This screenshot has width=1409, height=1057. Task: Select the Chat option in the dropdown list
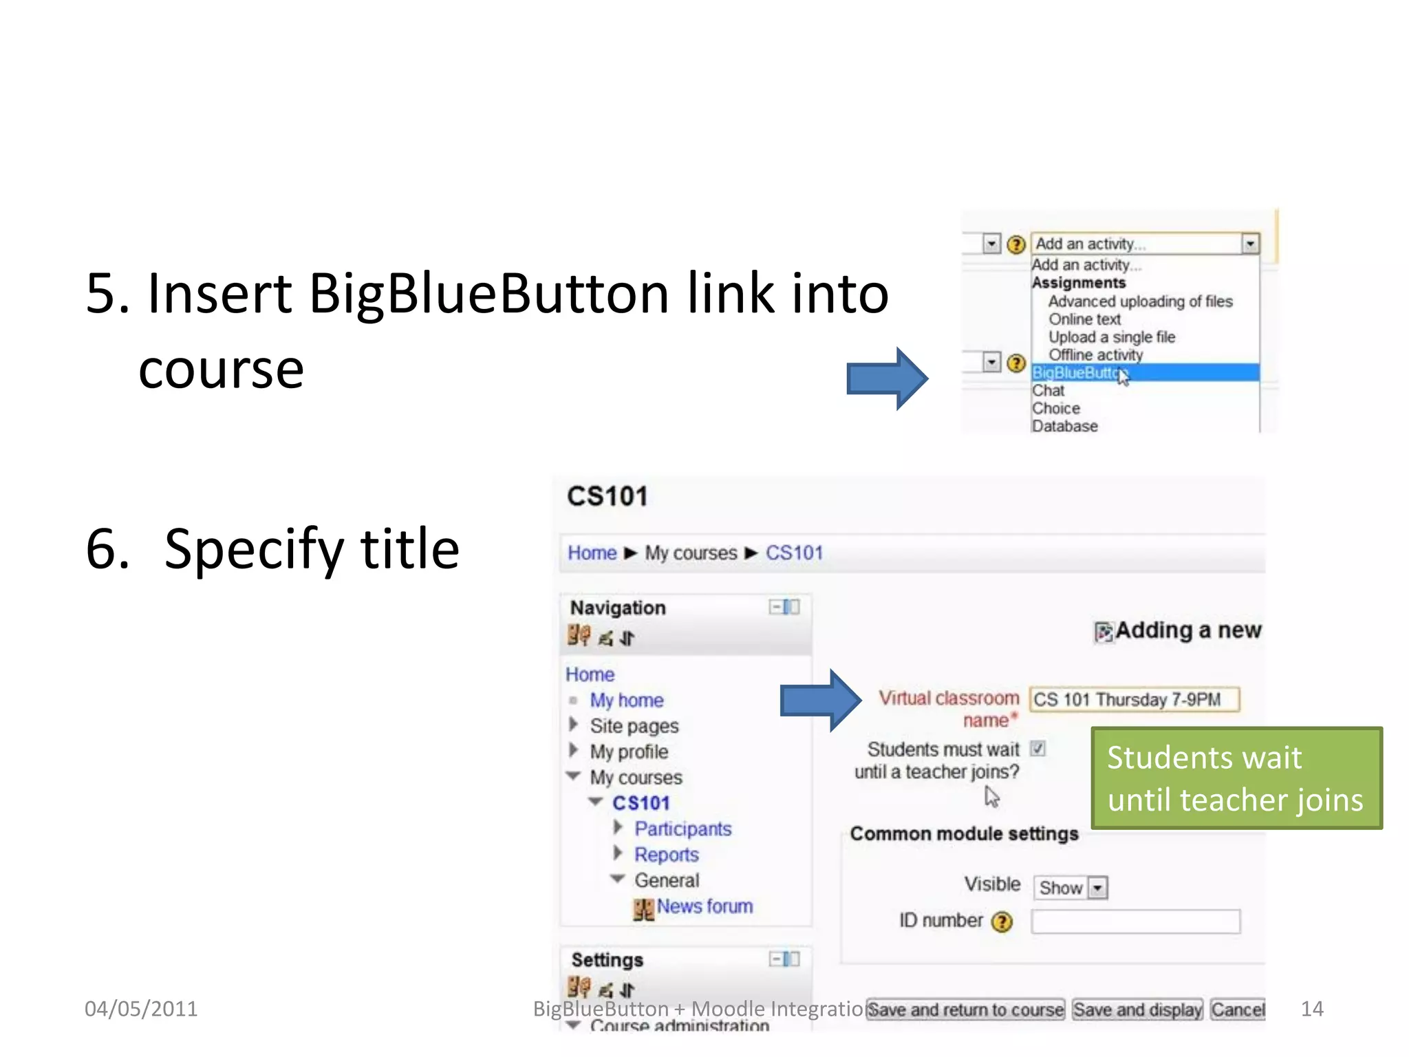tap(1048, 391)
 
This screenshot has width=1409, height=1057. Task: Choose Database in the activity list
tap(1064, 427)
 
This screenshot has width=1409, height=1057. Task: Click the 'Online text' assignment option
tap(1084, 319)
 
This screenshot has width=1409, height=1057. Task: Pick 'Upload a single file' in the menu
tap(1111, 337)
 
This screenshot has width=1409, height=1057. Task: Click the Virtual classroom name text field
tap(1134, 700)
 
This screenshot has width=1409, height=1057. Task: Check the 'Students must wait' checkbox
tap(1038, 749)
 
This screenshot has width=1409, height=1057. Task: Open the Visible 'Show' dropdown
tap(1071, 888)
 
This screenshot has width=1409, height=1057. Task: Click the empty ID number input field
tap(1135, 921)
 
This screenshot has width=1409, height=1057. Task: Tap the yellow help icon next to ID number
tap(1002, 922)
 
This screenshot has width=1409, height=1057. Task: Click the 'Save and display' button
tap(1137, 1010)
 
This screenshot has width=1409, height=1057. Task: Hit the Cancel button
tap(1238, 1010)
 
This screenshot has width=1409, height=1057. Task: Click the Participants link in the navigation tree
tap(682, 829)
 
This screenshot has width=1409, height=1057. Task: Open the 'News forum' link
tap(704, 907)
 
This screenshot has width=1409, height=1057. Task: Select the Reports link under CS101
tap(666, 855)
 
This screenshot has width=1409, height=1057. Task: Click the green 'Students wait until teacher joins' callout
tap(1236, 778)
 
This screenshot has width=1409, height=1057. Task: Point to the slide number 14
tap(1312, 1009)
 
